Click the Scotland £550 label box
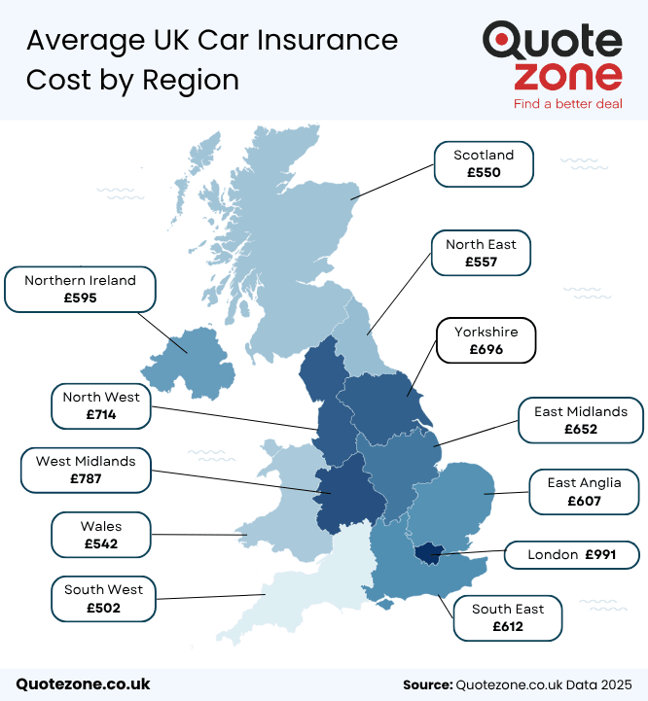484,163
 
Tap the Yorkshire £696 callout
486,340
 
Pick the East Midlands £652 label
581,420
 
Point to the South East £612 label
508,617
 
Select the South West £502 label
103,598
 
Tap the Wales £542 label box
101,535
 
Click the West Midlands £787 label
86,469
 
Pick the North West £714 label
101,405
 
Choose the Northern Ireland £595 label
80,289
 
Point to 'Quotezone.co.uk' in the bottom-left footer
83,683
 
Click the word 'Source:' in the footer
426,684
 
